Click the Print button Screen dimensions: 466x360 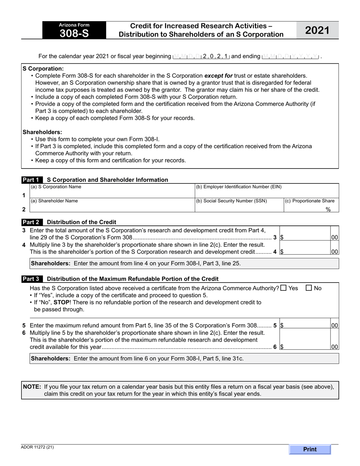tap(310, 449)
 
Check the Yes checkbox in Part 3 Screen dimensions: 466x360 tap(283, 288)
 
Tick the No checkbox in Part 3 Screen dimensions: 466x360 tap(309, 288)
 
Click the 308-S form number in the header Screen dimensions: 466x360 tap(74, 33)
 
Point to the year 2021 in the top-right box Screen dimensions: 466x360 tap(317, 31)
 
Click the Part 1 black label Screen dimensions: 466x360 tap(32, 180)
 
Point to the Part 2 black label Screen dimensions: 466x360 tap(32, 222)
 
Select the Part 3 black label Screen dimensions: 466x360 tap(32, 279)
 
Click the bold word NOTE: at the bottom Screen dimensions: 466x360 tap(32, 387)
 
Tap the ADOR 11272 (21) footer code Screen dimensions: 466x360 tap(38, 447)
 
